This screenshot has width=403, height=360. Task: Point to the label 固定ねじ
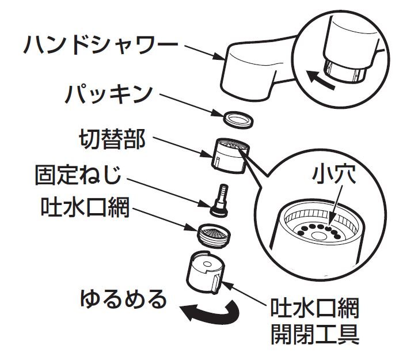[84, 173]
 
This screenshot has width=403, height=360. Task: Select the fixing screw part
[220, 198]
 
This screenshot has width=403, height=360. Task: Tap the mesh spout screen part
[214, 234]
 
